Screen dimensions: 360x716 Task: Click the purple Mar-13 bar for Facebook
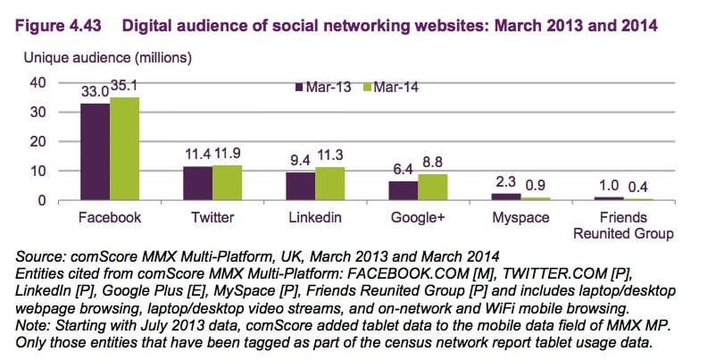click(95, 152)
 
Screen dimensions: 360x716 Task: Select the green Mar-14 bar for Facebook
click(124, 149)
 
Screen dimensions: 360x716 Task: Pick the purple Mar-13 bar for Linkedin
click(301, 186)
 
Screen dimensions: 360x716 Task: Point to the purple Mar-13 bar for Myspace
click(505, 197)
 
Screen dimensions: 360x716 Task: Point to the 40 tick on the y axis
click(37, 83)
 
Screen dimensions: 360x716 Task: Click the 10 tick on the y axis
click(37, 171)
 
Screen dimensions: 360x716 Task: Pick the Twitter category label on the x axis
click(212, 218)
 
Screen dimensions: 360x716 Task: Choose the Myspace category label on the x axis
click(520, 218)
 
